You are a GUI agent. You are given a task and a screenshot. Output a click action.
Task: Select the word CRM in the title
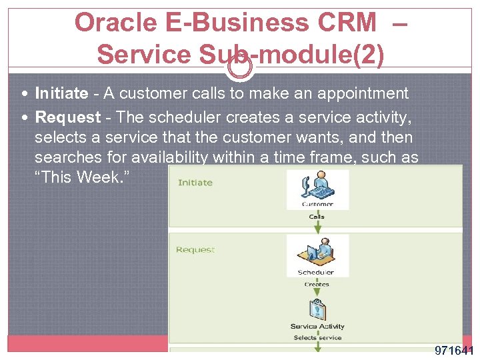[346, 23]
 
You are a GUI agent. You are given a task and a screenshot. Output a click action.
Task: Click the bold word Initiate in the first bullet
[61, 93]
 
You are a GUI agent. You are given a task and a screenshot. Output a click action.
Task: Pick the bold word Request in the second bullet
[67, 117]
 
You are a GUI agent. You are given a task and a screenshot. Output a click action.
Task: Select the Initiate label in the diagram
[195, 182]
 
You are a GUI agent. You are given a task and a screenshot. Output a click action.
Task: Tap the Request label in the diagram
[195, 250]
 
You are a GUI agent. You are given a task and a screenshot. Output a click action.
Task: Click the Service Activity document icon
[317, 310]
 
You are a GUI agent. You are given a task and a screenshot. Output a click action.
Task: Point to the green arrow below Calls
[317, 225]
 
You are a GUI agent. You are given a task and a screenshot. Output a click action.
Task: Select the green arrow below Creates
[317, 293]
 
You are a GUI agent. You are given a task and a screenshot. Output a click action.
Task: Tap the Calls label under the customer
[317, 216]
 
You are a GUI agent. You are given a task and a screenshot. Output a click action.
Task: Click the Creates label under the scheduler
[317, 284]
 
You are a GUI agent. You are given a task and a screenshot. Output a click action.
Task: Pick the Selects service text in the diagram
[317, 337]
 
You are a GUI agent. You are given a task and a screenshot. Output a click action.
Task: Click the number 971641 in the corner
[453, 351]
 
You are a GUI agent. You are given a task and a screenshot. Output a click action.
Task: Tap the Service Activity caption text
[317, 327]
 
